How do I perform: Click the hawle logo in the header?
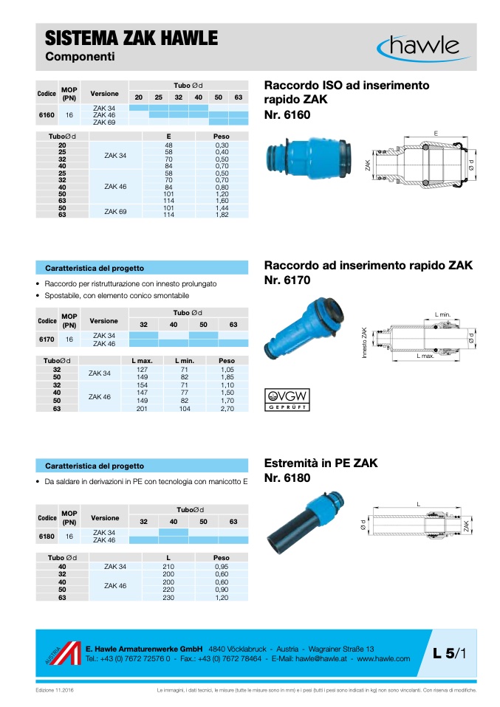click(423, 48)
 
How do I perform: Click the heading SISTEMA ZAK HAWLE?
click(131, 38)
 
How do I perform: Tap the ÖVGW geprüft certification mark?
click(287, 399)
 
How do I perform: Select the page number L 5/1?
click(450, 653)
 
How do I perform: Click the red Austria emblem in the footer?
click(64, 653)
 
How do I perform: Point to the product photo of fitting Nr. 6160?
click(308, 159)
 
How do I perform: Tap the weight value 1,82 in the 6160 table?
click(222, 215)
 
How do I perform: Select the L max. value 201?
click(142, 409)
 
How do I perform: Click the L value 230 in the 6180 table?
click(168, 598)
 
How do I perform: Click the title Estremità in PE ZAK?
click(321, 463)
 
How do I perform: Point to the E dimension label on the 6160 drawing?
click(436, 134)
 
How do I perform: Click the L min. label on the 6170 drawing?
click(442, 314)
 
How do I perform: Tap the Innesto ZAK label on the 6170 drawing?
click(364, 342)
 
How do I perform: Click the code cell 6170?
click(47, 339)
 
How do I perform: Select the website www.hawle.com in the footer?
click(383, 659)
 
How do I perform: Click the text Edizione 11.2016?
click(55, 690)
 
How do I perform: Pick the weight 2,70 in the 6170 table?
click(227, 409)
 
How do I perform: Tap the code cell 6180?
click(47, 536)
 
